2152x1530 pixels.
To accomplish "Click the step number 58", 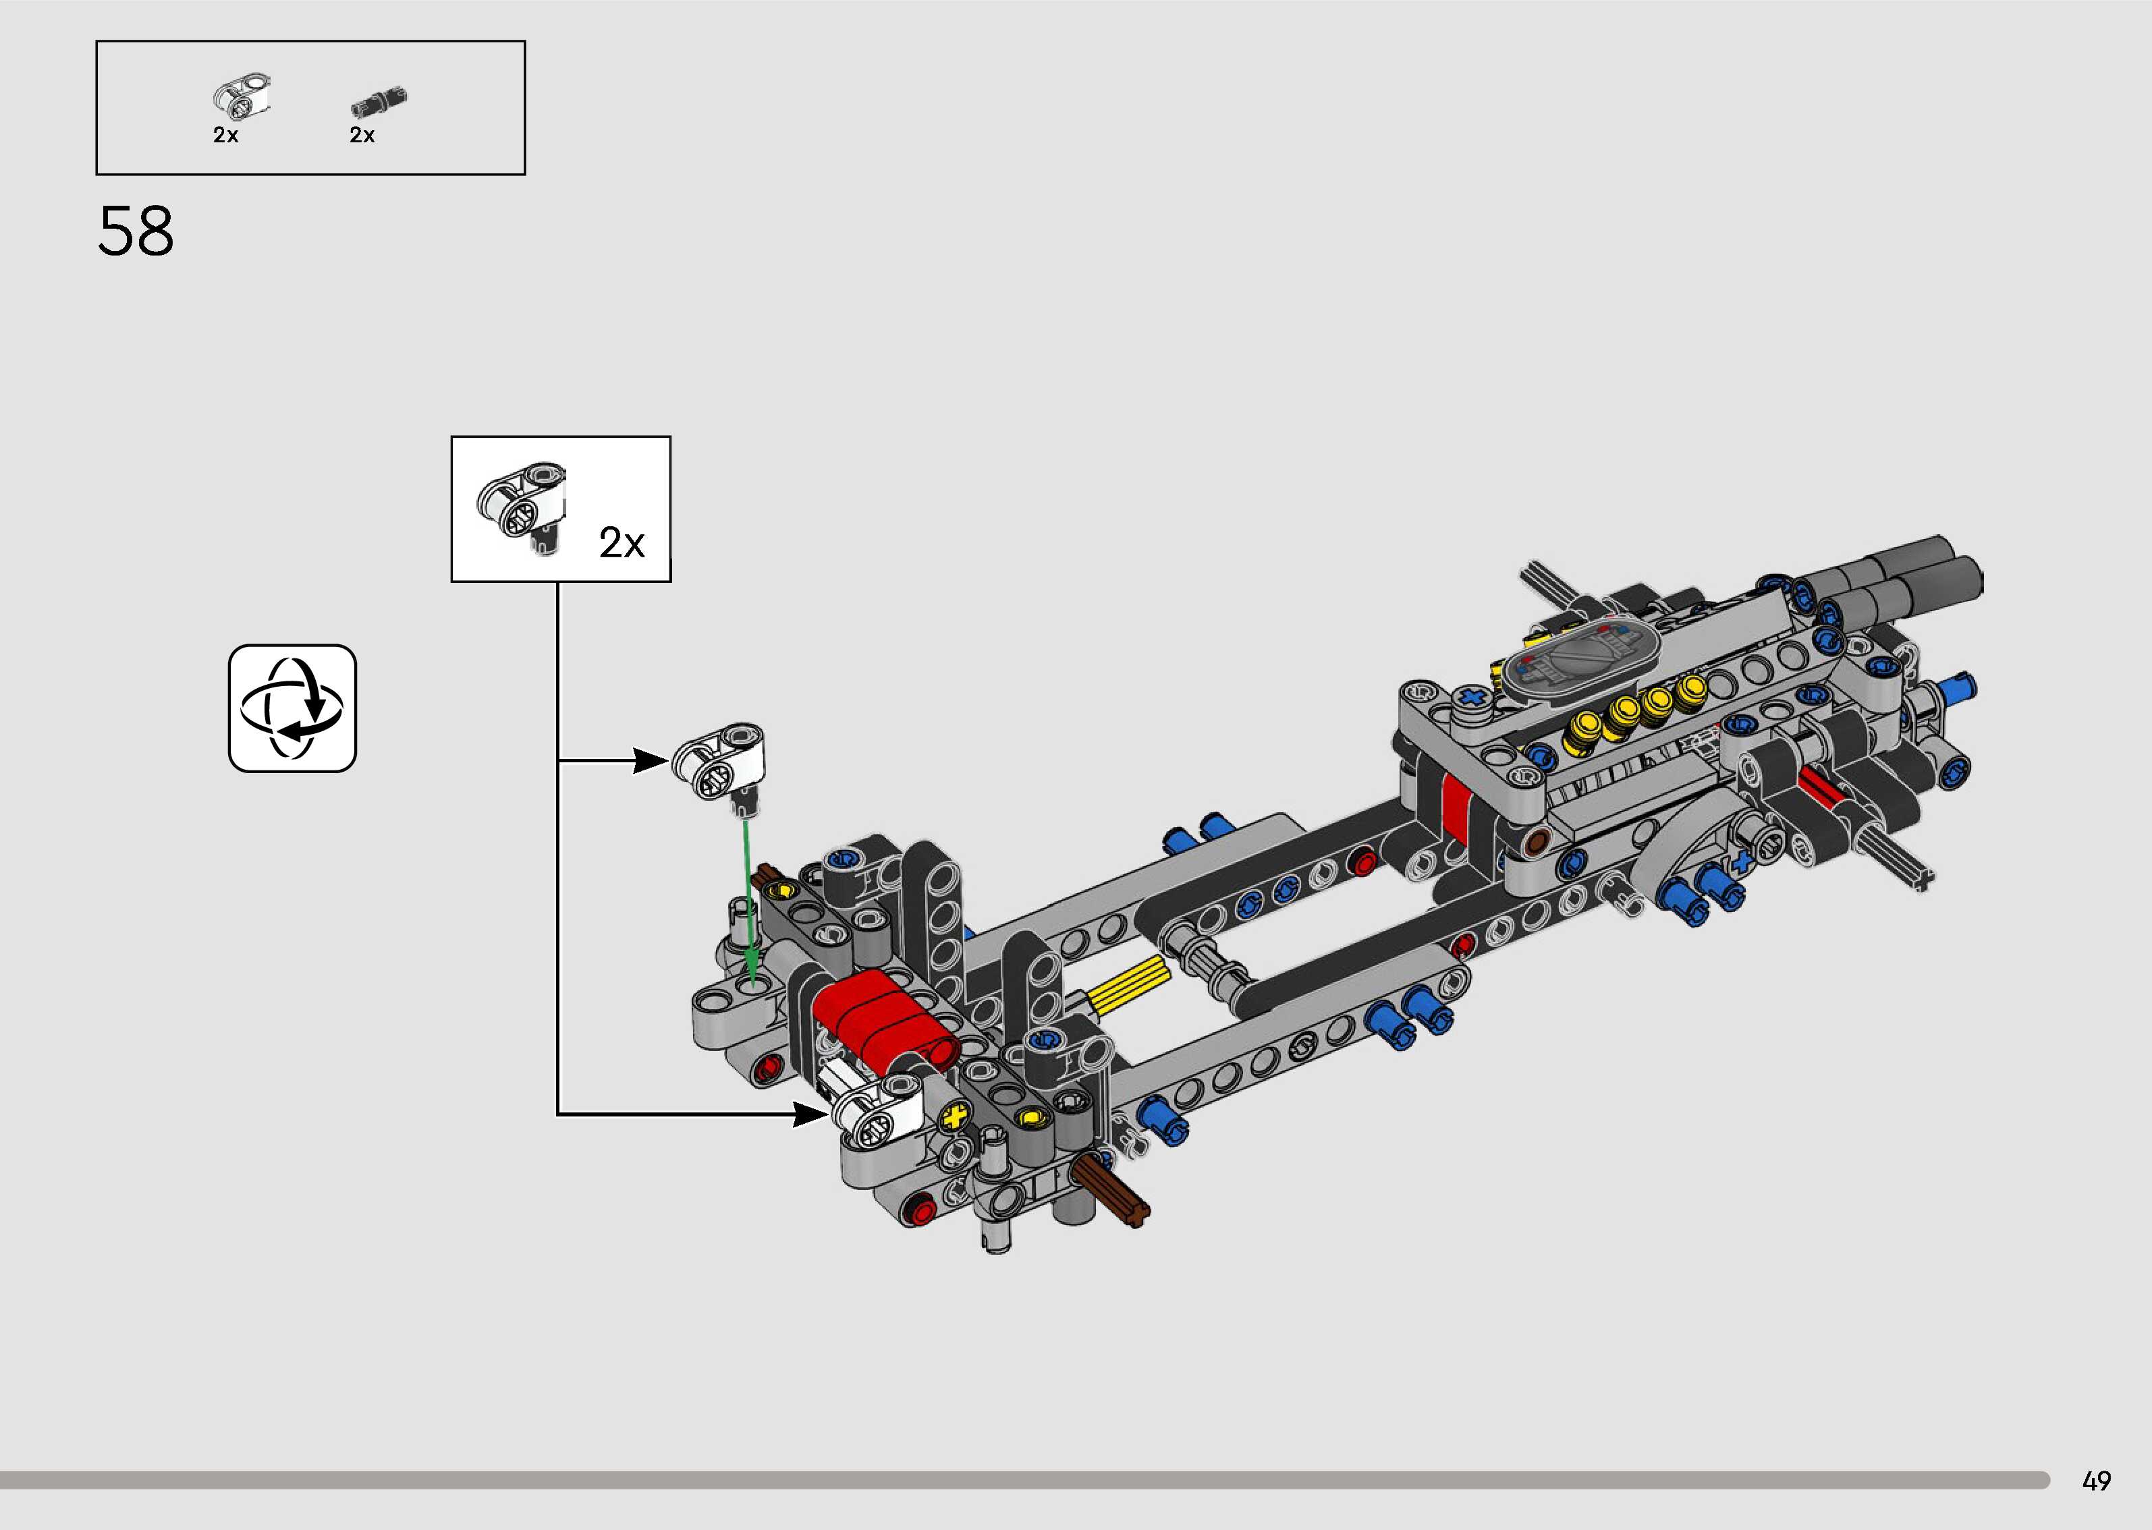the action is [x=136, y=232].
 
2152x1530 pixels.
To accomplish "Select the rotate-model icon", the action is [x=292, y=708].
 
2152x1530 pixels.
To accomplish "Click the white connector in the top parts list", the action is [x=243, y=96].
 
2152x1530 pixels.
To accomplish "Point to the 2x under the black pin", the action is [x=362, y=136].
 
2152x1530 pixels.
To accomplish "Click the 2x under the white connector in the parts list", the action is [x=225, y=136].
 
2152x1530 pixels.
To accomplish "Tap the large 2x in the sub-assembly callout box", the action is [x=622, y=544].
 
